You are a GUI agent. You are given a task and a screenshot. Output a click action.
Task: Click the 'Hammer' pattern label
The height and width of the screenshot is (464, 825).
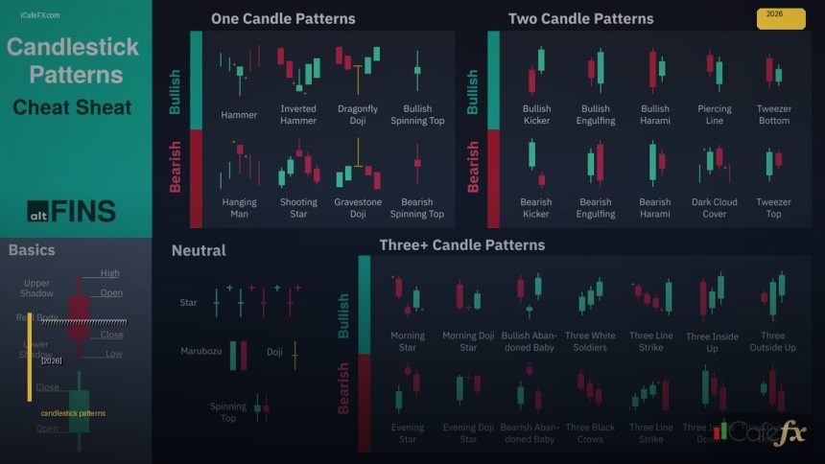(x=239, y=115)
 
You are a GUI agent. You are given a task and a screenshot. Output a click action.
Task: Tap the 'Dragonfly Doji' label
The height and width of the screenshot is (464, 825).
(x=358, y=115)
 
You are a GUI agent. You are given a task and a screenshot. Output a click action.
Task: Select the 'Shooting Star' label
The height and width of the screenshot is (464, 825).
(x=298, y=208)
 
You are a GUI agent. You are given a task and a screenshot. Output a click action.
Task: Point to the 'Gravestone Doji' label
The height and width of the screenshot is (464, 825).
(x=358, y=208)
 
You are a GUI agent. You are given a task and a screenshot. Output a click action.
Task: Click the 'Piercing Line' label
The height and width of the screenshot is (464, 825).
(x=715, y=115)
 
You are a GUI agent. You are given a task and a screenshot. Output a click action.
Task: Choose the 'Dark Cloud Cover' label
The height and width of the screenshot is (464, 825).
(x=715, y=208)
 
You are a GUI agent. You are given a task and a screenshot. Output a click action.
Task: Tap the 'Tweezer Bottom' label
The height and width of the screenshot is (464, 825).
(x=773, y=115)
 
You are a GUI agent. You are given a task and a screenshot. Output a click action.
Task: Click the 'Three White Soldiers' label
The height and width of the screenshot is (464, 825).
(x=590, y=341)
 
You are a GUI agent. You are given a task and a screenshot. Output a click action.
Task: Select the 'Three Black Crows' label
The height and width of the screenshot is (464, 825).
(x=590, y=433)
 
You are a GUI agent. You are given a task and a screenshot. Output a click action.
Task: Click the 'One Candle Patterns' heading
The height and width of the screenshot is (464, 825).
(x=283, y=18)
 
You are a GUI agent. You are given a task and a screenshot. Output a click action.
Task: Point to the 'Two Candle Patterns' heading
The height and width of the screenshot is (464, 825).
(x=580, y=18)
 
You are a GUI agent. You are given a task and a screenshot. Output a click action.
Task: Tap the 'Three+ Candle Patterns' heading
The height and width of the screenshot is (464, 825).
(x=461, y=245)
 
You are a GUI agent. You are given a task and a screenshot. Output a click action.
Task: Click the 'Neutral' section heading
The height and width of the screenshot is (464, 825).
(x=199, y=251)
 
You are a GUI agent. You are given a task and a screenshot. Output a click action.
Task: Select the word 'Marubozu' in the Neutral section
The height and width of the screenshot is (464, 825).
(x=200, y=351)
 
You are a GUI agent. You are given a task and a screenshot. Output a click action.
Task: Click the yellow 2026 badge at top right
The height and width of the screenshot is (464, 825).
(x=781, y=17)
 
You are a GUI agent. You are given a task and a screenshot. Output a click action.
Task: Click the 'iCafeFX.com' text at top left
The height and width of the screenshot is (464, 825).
(x=39, y=15)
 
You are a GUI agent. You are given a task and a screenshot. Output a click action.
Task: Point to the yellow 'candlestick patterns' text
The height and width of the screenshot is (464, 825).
(x=73, y=413)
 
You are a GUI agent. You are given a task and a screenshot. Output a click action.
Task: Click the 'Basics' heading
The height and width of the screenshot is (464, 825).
(x=32, y=250)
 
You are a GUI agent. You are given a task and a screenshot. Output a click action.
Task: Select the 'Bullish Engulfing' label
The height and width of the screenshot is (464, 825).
(x=596, y=115)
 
